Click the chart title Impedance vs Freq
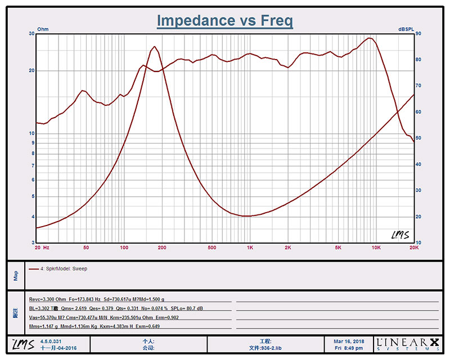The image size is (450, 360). tap(224, 21)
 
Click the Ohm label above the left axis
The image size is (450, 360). tap(43, 29)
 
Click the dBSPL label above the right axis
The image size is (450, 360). tap(407, 29)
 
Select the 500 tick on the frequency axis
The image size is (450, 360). tap(211, 247)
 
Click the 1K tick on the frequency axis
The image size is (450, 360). tap(250, 247)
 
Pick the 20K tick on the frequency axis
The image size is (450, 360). tap(413, 247)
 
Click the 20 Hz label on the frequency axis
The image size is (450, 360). tap(42, 247)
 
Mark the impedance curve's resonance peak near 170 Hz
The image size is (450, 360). tap(154, 47)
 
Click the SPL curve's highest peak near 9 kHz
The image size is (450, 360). tap(369, 38)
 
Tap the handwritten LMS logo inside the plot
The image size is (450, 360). tap(400, 235)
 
